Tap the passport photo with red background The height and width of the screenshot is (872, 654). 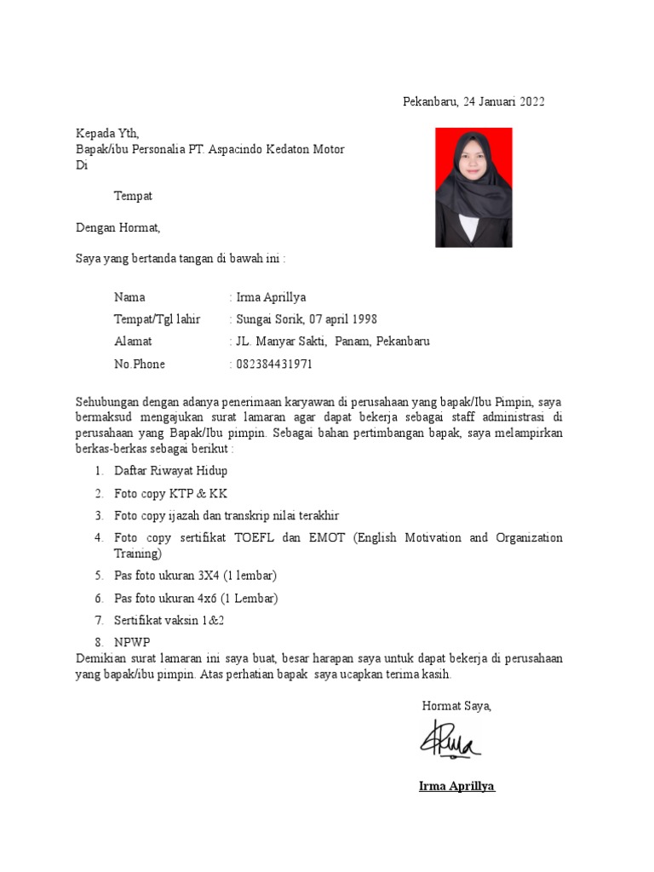(x=473, y=187)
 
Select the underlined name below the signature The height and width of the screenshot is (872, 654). (x=456, y=785)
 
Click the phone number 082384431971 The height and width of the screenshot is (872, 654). (x=274, y=364)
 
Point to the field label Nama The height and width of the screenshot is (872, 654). (x=129, y=297)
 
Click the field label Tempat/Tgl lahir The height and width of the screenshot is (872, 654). (x=158, y=319)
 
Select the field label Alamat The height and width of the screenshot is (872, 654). (x=133, y=341)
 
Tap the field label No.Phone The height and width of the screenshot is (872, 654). (x=140, y=364)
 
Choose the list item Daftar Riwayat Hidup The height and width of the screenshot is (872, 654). (x=171, y=471)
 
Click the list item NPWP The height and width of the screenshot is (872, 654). (x=132, y=642)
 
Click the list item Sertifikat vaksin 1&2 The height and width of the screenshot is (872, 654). (x=169, y=620)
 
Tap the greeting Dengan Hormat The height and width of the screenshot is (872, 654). (x=118, y=227)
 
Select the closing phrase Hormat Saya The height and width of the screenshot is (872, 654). (x=456, y=705)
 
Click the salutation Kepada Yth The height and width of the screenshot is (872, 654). (x=106, y=133)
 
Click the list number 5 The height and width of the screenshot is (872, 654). (x=99, y=576)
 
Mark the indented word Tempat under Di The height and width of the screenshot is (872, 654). (x=134, y=196)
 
